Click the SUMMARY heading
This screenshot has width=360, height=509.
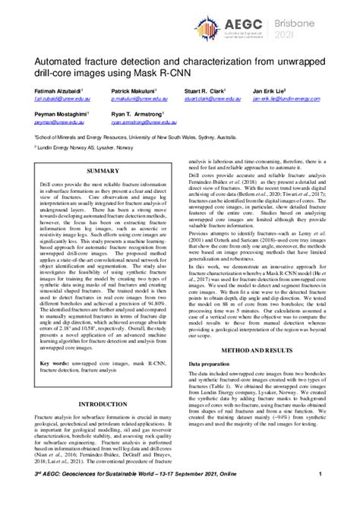(103, 173)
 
